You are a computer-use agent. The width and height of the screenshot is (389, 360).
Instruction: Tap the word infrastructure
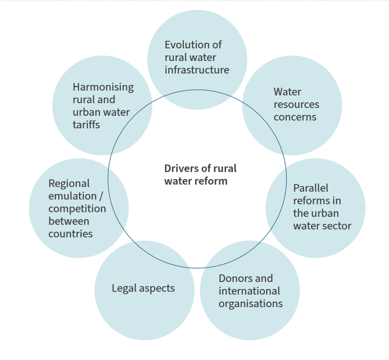click(197, 70)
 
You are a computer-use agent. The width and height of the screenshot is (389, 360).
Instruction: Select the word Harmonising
click(103, 87)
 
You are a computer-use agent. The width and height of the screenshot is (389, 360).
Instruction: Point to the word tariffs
click(86, 125)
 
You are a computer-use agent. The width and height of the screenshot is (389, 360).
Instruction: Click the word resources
click(296, 105)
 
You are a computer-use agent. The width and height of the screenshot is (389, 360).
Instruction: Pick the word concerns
click(295, 117)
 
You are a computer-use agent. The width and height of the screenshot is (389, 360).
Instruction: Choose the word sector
click(337, 226)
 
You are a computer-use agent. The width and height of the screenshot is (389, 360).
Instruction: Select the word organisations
click(250, 304)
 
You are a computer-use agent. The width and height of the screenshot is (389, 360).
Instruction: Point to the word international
click(249, 291)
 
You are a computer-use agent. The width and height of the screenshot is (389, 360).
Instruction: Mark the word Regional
click(69, 184)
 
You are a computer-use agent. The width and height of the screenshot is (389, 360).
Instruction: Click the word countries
click(71, 234)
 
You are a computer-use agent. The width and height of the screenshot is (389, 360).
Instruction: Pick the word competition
click(77, 209)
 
